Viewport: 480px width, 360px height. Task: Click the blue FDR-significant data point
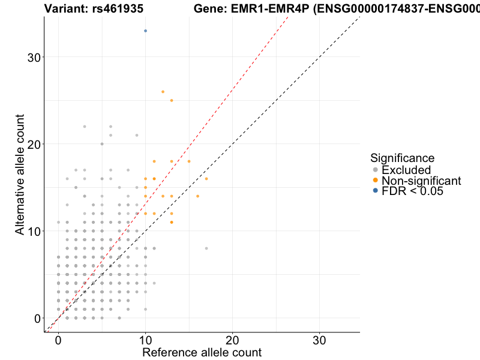coord(145,31)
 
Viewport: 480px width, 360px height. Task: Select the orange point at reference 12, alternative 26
coord(163,92)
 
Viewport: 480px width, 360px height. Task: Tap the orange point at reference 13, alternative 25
coord(172,100)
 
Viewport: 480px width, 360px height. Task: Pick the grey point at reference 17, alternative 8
coord(206,248)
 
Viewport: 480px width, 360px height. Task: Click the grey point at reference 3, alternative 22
coord(85,127)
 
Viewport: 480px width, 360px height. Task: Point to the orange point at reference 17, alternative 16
coord(206,179)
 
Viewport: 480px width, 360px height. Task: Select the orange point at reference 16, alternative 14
coord(197,196)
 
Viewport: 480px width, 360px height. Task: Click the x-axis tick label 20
coord(232,340)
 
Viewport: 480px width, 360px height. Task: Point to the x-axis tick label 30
coord(319,340)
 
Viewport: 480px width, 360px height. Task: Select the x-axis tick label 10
coord(145,340)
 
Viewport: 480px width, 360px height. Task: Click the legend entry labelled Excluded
coord(406,170)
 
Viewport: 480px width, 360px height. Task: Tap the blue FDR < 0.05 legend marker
coord(376,191)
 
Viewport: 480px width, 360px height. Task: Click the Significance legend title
coord(402,158)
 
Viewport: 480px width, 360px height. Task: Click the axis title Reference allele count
coord(202,352)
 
